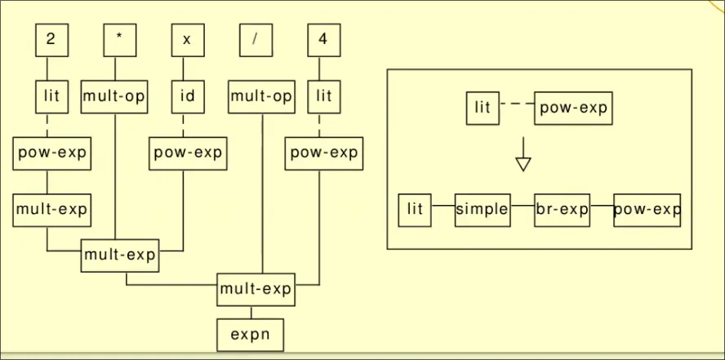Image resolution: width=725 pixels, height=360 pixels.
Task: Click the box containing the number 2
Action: pyautogui.click(x=51, y=41)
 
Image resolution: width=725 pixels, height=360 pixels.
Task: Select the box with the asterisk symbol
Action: pyautogui.click(x=119, y=41)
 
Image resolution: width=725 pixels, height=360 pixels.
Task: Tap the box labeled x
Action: pyautogui.click(x=187, y=41)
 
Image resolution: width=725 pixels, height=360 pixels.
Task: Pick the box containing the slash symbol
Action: pyautogui.click(x=256, y=41)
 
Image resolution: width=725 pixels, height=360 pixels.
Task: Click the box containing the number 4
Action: pyautogui.click(x=324, y=41)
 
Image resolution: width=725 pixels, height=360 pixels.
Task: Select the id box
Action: pyautogui.click(x=187, y=96)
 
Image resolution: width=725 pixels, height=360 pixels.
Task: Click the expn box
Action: pyautogui.click(x=251, y=334)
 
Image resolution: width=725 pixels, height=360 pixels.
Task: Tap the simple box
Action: pyautogui.click(x=482, y=210)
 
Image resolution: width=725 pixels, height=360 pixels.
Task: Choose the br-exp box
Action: pyautogui.click(x=562, y=210)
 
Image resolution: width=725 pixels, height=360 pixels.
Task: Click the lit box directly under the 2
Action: pyautogui.click(x=51, y=96)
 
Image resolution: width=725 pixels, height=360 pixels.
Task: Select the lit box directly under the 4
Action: pyautogui.click(x=324, y=96)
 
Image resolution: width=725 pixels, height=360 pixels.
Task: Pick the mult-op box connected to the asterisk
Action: pyautogui.click(x=114, y=96)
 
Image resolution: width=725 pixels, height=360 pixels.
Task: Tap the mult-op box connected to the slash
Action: pyautogui.click(x=261, y=96)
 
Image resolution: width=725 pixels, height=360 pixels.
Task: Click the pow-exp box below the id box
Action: pyautogui.click(x=188, y=153)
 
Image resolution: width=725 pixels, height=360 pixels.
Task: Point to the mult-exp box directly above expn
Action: pyautogui.click(x=256, y=289)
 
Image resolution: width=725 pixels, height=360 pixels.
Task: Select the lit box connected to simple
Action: pyautogui.click(x=415, y=210)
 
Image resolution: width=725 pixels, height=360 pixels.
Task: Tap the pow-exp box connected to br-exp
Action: pyautogui.click(x=647, y=210)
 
